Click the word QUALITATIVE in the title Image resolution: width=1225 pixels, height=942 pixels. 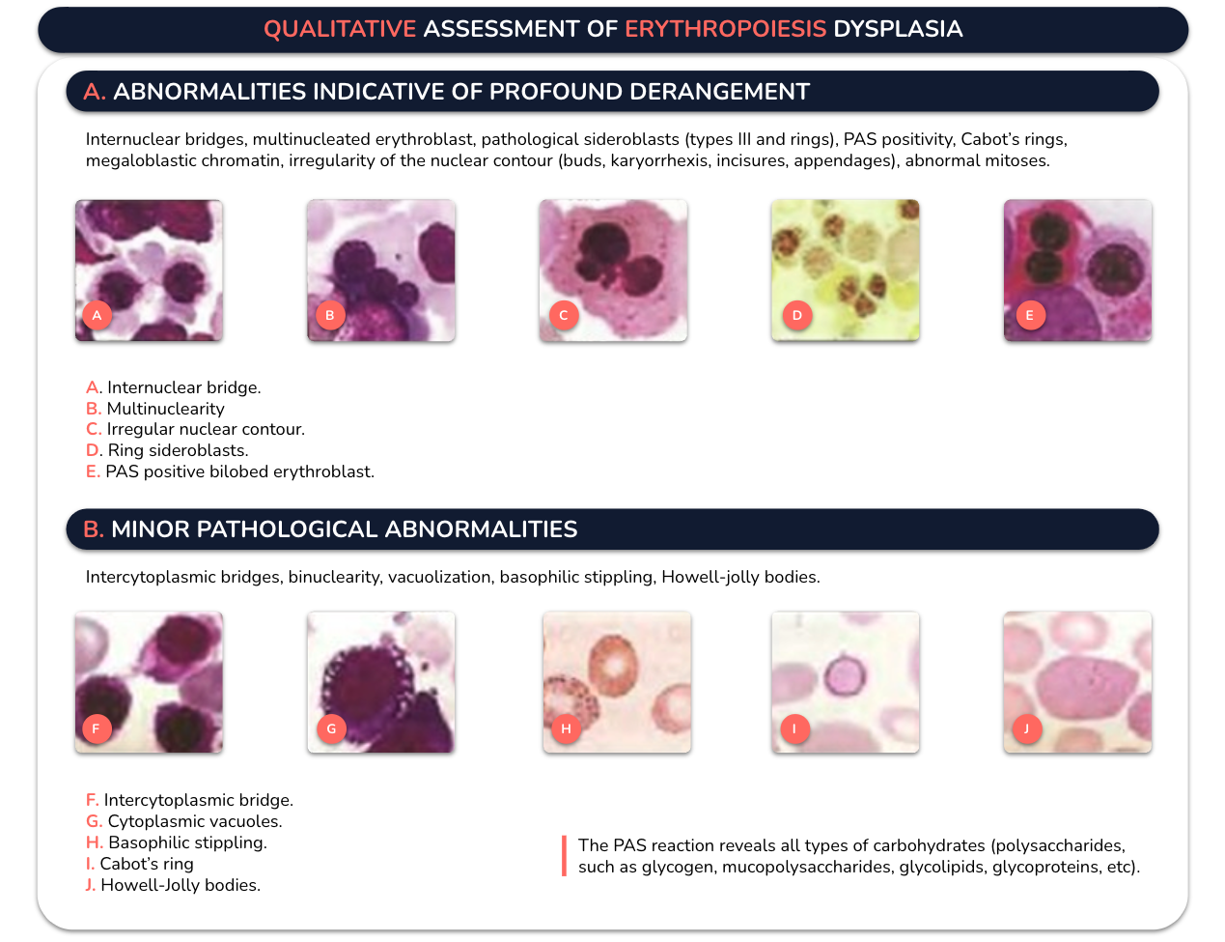[x=340, y=29]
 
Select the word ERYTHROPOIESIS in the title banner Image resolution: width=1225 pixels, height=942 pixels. [x=726, y=29]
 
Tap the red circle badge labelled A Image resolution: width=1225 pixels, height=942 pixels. [x=97, y=315]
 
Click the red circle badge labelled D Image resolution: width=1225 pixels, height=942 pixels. [x=797, y=315]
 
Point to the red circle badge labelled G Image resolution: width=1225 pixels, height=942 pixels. [x=331, y=728]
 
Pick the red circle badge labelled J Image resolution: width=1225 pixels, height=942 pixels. [x=1027, y=728]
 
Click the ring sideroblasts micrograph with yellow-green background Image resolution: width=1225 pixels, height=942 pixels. [x=845, y=271]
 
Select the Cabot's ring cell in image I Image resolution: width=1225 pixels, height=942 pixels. [x=845, y=674]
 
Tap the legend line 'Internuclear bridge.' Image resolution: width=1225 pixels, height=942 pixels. [x=173, y=387]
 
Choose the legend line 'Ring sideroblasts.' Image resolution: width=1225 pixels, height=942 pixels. [x=167, y=450]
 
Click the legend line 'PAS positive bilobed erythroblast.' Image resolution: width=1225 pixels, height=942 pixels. [x=230, y=471]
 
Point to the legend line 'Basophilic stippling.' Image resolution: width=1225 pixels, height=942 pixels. [x=177, y=842]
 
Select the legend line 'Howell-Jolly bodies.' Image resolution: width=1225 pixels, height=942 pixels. [x=173, y=885]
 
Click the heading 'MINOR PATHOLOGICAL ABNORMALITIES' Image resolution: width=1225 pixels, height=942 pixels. [x=345, y=529]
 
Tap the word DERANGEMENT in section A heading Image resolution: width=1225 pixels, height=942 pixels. [x=719, y=92]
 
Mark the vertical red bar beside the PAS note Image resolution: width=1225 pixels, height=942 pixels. [x=564, y=856]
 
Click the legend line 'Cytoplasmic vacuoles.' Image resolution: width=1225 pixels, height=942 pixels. [x=183, y=821]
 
